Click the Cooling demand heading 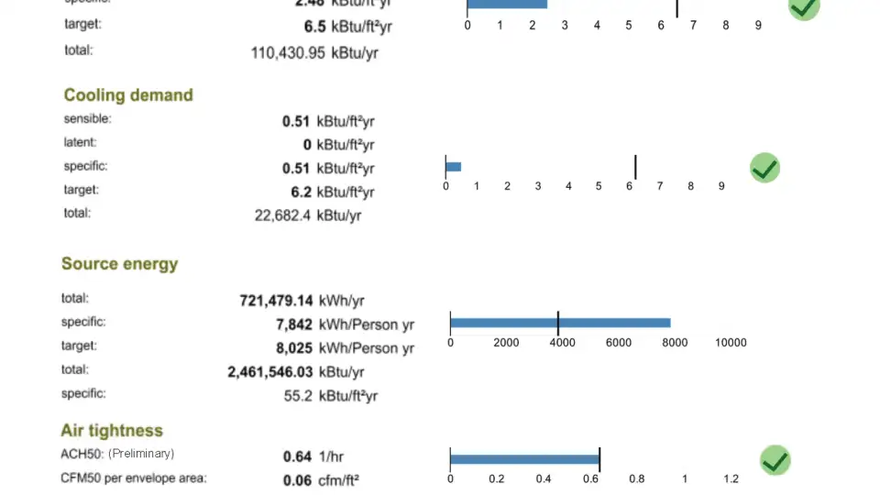(x=128, y=95)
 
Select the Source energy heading (x=119, y=264)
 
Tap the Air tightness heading (x=112, y=431)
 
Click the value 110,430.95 (x=288, y=53)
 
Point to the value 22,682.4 (x=282, y=216)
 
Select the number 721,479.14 (x=276, y=301)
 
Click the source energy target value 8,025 (x=293, y=348)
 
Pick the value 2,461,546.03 (x=270, y=372)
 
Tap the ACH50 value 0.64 (x=297, y=456)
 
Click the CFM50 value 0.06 (x=297, y=479)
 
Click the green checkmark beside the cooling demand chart (x=764, y=169)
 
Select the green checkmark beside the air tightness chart (x=775, y=460)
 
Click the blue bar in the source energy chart (x=560, y=323)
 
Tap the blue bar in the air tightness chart (x=524, y=459)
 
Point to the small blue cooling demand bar (x=453, y=167)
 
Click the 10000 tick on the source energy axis (x=731, y=343)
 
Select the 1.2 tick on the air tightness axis (x=731, y=479)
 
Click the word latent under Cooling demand (x=80, y=143)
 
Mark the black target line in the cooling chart (x=635, y=167)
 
